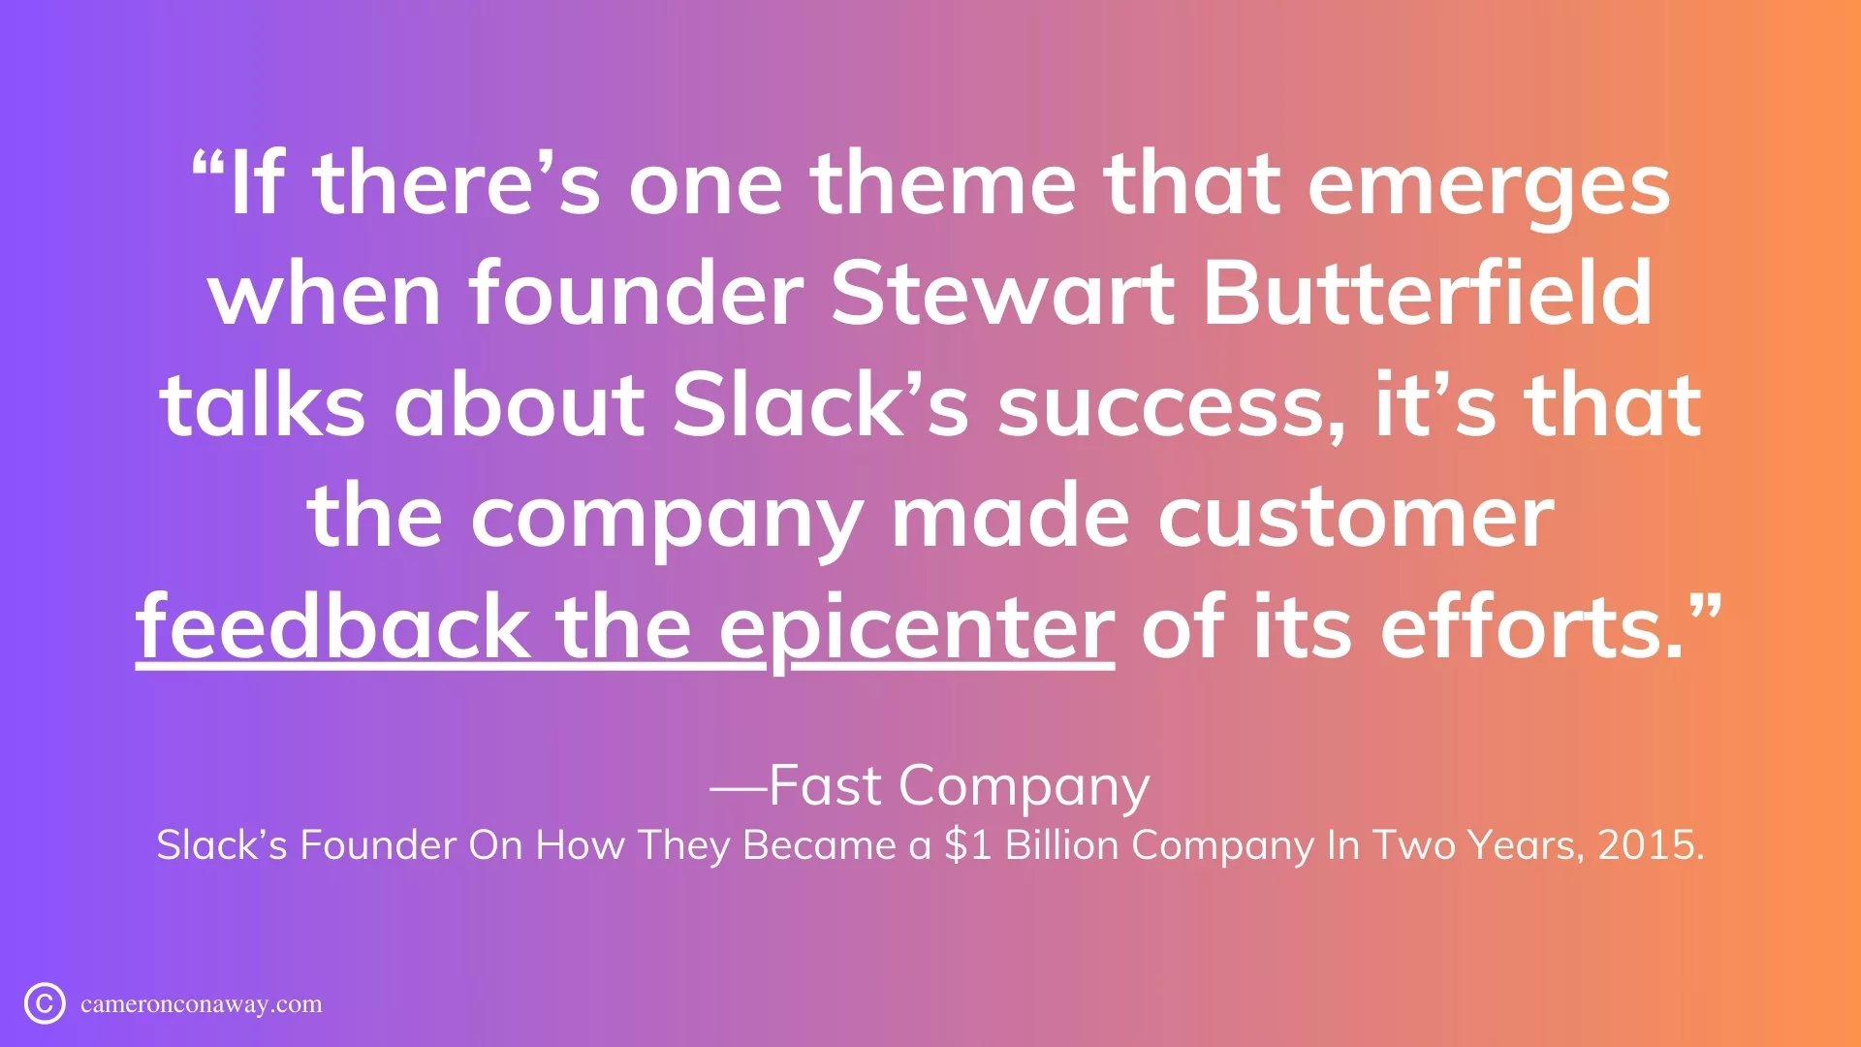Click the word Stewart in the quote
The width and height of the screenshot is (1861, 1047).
(x=1002, y=294)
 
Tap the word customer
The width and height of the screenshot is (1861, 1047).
(x=1356, y=518)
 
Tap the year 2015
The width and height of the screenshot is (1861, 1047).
(x=1651, y=845)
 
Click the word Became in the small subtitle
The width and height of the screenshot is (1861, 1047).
(x=819, y=845)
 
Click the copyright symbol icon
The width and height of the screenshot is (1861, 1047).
(x=45, y=1003)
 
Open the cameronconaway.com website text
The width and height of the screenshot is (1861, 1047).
(x=202, y=1004)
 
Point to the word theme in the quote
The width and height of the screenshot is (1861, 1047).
(x=942, y=184)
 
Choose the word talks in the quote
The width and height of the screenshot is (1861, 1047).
(x=263, y=405)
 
